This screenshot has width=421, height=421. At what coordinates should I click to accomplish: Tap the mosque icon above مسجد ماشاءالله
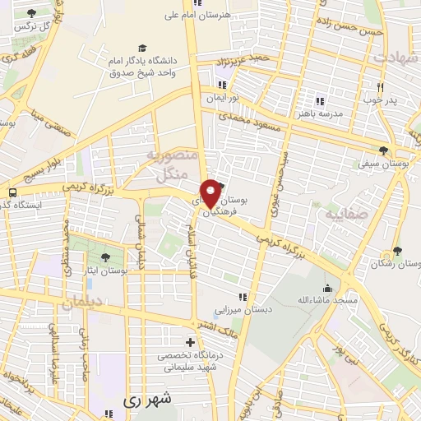328,288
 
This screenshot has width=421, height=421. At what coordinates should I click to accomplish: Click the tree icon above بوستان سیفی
384,150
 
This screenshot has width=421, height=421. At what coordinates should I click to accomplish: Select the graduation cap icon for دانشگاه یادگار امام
143,49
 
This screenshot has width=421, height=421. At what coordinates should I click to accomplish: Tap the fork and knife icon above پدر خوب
380,87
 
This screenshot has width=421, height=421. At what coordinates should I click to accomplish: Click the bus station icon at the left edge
12,204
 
